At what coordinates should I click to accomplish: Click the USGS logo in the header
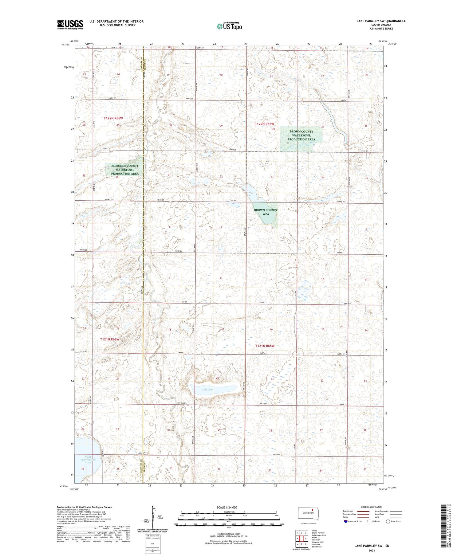[70, 25]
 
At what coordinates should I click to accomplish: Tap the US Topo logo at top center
[229, 26]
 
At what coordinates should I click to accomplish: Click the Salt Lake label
[208, 390]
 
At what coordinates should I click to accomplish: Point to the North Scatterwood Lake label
[86, 460]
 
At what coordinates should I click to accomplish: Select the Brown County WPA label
[266, 212]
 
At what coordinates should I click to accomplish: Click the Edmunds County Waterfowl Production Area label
[125, 170]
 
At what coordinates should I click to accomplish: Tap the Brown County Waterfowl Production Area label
[301, 135]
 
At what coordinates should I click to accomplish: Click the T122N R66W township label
[113, 118]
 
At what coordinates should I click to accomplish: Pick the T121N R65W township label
[265, 346]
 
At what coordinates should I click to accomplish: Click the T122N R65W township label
[264, 124]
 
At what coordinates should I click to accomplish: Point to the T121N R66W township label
[109, 339]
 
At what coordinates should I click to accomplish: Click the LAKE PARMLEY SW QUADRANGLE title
[381, 21]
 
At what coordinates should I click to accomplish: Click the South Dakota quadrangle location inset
[308, 513]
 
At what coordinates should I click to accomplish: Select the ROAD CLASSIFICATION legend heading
[372, 507]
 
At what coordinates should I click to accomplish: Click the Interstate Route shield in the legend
[346, 521]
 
